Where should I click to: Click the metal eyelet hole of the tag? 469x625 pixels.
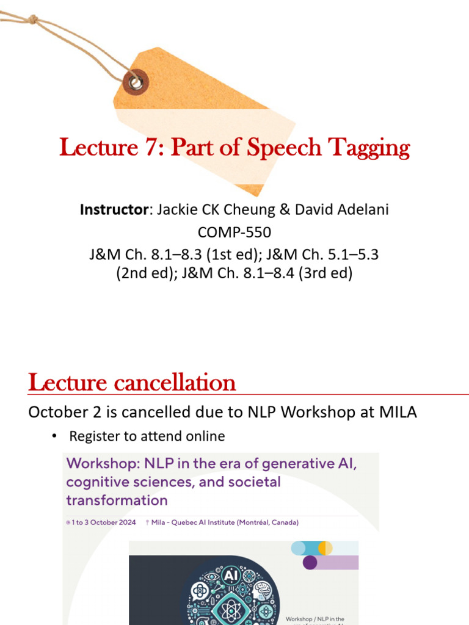point(136,82)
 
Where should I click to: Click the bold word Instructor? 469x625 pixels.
point(114,210)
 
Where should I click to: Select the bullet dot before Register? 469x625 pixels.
point(54,436)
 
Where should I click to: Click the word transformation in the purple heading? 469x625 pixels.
point(117,500)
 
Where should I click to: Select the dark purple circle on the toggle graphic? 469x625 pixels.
point(310,562)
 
